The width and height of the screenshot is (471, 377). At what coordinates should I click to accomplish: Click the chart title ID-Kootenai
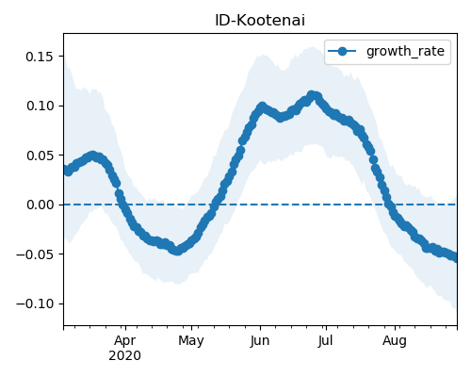coord(260,21)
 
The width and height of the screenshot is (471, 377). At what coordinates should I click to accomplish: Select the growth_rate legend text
coord(405,51)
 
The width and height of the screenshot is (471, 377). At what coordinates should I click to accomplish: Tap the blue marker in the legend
coord(342,51)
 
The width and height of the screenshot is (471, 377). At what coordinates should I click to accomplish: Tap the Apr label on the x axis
coord(125,341)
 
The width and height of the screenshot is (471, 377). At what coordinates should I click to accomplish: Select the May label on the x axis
coord(191,341)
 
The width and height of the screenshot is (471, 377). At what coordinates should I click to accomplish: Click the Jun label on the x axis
coord(260,341)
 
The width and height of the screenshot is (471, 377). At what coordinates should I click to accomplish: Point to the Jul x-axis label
coord(325,341)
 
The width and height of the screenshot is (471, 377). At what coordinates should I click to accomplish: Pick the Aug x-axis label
coord(395,341)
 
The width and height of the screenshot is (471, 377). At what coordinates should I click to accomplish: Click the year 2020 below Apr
coord(124,356)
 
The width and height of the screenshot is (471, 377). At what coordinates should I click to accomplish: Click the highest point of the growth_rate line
coord(312,95)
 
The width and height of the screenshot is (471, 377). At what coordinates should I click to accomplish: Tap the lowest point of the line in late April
coord(177,251)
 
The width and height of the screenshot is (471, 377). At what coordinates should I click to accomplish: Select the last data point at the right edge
coord(455,258)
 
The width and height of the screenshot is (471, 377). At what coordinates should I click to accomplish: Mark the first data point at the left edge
coord(66,170)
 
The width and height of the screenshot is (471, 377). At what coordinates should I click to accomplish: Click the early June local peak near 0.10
coord(262,107)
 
